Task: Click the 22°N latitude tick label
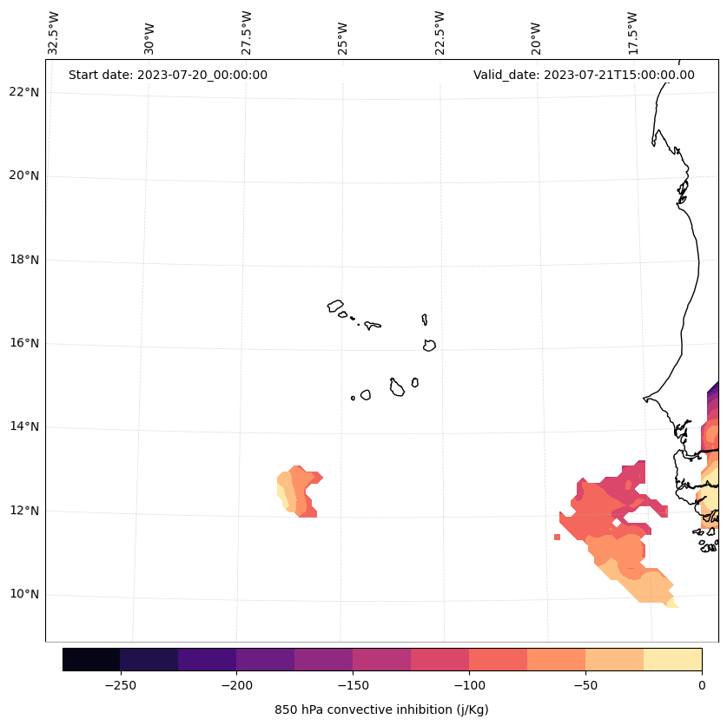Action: (x=23, y=92)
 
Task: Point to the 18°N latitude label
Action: (x=23, y=260)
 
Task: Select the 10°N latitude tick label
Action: (x=23, y=595)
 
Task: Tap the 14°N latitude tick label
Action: (x=23, y=427)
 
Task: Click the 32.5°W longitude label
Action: (x=53, y=33)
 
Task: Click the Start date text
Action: (x=168, y=75)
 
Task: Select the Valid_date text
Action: (x=584, y=75)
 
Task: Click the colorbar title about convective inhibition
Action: (x=381, y=710)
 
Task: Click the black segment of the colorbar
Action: (x=91, y=659)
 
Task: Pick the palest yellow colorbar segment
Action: (x=672, y=659)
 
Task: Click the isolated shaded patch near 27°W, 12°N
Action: (x=298, y=492)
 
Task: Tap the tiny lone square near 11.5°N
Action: (x=557, y=537)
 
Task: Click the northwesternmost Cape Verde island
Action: (x=335, y=306)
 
